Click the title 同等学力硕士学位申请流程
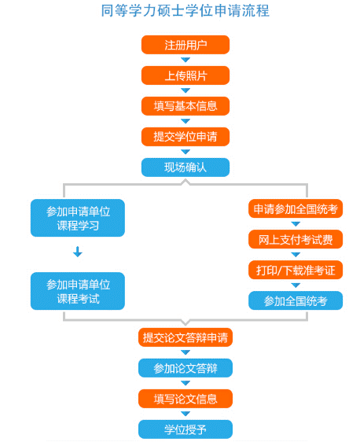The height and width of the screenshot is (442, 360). point(185,11)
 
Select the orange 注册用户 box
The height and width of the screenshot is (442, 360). point(186,45)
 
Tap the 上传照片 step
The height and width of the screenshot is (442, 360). point(186,76)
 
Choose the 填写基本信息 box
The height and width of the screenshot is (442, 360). point(186,106)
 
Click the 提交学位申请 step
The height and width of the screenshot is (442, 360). point(186,137)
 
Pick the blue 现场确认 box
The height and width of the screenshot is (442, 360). point(186,168)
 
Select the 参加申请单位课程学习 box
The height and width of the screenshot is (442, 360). point(78,218)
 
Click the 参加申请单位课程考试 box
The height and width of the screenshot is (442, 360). point(78,291)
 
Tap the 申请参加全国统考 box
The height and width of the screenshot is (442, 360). point(296,209)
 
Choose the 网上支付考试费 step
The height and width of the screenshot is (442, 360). point(296,240)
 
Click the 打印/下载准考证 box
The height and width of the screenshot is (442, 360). point(296,270)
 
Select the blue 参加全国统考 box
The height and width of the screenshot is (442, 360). point(296,300)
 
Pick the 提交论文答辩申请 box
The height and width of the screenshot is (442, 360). point(186,337)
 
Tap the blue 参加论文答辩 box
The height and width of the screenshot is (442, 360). point(186,368)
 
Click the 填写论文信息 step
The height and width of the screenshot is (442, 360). point(186,399)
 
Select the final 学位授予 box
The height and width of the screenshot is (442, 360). point(186,429)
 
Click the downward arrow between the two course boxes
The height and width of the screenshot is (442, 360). point(78,252)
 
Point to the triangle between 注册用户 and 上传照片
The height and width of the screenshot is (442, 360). point(186,60)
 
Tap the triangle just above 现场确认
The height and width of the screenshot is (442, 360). point(186,152)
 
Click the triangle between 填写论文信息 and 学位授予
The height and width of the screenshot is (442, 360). point(186,414)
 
